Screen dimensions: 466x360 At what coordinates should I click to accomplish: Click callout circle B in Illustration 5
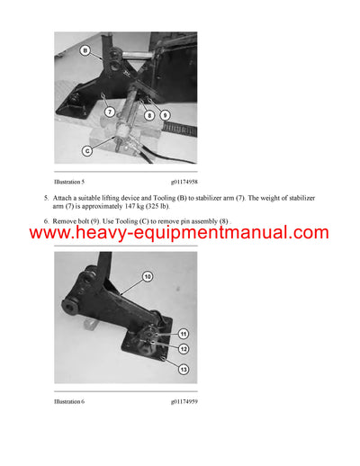tap(85, 52)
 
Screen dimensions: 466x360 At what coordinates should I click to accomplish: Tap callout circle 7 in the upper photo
tap(110, 112)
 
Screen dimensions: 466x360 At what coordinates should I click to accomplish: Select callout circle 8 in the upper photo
tap(150, 114)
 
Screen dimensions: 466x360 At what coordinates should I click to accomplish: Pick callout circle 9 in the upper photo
tap(165, 114)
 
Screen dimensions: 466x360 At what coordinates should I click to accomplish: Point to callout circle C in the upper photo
tap(86, 151)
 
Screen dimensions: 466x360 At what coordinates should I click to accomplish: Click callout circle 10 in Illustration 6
tap(147, 275)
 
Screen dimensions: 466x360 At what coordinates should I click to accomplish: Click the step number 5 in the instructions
tap(46, 196)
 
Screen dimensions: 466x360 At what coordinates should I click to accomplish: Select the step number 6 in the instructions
tap(46, 220)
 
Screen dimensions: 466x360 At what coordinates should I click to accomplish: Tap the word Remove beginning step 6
tap(67, 220)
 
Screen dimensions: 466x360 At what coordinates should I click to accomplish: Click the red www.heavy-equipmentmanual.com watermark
tap(180, 233)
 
